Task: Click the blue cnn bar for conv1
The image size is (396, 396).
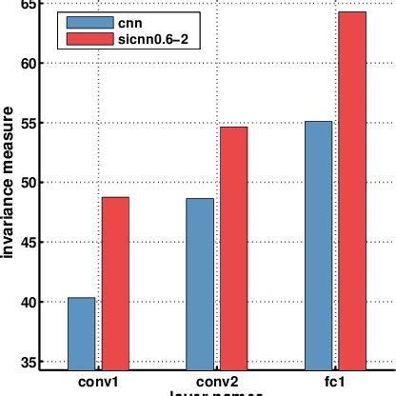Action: tap(81, 333)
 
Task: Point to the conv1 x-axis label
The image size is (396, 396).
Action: tap(98, 381)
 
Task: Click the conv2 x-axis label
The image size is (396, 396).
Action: tap(216, 381)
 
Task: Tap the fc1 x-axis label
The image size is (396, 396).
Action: tap(334, 381)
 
